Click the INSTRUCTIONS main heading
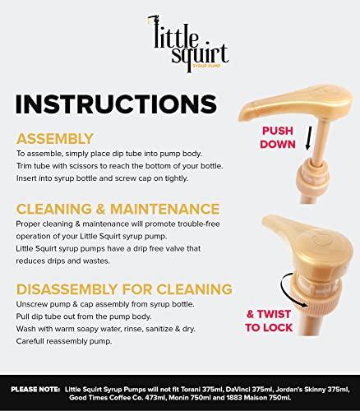point(116,104)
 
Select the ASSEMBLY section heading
point(55,139)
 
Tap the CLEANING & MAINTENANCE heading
point(118,209)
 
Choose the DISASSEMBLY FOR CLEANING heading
point(124,289)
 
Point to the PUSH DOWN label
point(278,137)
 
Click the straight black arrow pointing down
point(309,138)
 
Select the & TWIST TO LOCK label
point(269,321)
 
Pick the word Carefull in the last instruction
point(29,341)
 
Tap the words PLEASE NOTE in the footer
point(35,390)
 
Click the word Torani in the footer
point(191,390)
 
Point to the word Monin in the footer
point(177,398)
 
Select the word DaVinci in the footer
point(236,390)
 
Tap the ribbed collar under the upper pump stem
point(312,178)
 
